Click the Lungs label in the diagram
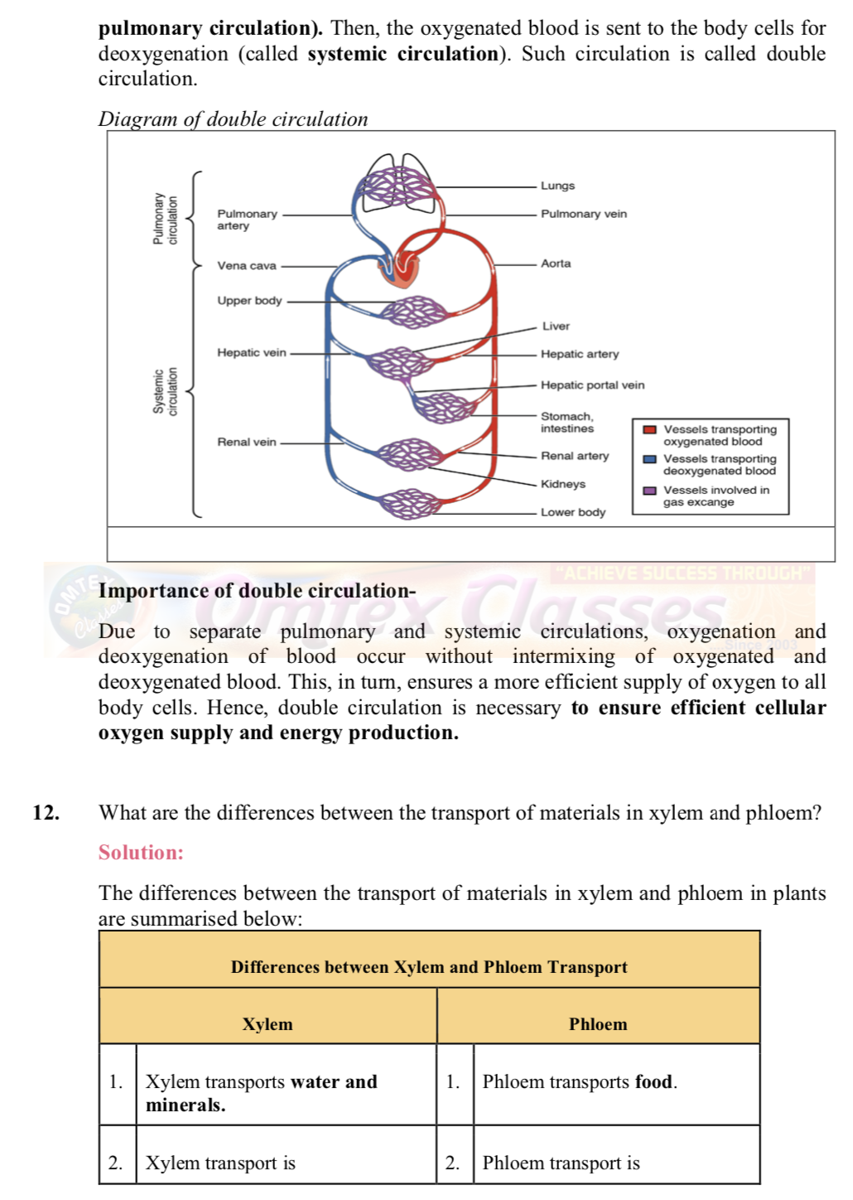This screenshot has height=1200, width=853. click(x=557, y=186)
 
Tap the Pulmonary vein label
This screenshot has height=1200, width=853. click(x=584, y=214)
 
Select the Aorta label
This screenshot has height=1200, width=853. click(x=556, y=264)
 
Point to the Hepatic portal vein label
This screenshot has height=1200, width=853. click(x=592, y=385)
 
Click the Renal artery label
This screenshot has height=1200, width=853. click(x=575, y=456)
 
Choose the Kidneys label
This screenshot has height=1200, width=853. click(x=563, y=484)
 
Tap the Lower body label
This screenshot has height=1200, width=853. click(x=573, y=512)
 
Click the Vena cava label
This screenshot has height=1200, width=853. click(x=247, y=266)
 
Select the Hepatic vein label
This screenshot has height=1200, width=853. click(x=252, y=353)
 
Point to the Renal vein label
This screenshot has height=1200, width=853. click(x=247, y=443)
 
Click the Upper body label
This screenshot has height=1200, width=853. click(x=249, y=301)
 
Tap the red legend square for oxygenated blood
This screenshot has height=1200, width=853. click(x=650, y=430)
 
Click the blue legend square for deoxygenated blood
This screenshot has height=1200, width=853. click(x=650, y=459)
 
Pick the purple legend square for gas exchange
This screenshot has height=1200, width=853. click(x=650, y=491)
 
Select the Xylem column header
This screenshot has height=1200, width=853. click(x=267, y=1024)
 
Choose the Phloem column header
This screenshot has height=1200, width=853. click(x=598, y=1024)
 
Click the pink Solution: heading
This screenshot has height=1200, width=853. click(x=141, y=853)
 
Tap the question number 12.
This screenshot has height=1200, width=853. click(x=46, y=813)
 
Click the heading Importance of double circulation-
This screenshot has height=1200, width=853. click(x=257, y=591)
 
